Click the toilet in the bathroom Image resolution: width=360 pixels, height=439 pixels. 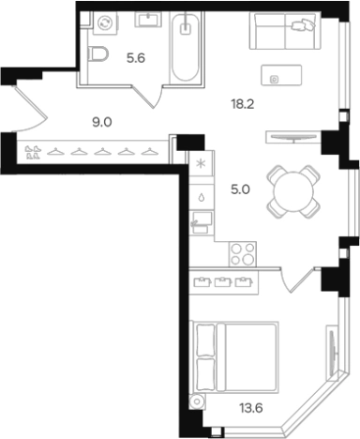(98, 54)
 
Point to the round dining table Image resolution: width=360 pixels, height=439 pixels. (290, 190)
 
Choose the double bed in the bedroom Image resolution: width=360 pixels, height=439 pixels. (236, 356)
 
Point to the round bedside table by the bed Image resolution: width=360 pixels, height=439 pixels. (196, 401)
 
